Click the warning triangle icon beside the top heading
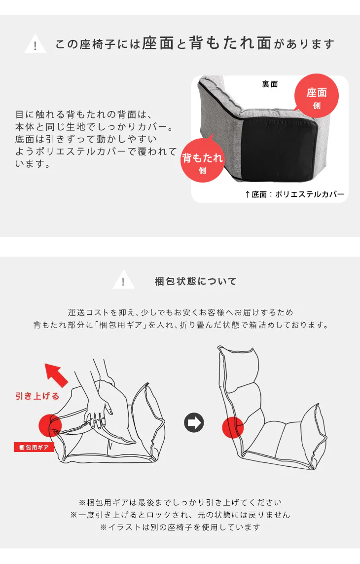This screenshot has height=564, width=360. click(x=35, y=45)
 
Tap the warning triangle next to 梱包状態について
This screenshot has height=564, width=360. click(x=123, y=281)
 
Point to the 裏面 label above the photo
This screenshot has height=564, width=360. click(x=270, y=84)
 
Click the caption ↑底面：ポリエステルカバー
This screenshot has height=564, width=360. click(x=294, y=194)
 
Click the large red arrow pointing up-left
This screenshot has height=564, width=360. click(x=56, y=375)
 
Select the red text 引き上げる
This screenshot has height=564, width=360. click(x=37, y=396)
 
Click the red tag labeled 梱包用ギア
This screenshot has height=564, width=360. click(x=34, y=448)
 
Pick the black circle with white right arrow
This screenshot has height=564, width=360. click(x=194, y=423)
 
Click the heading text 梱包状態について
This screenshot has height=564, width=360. click(x=196, y=281)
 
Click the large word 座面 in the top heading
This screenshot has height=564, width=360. click(x=158, y=44)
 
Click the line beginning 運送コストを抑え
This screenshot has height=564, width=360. click(x=180, y=312)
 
